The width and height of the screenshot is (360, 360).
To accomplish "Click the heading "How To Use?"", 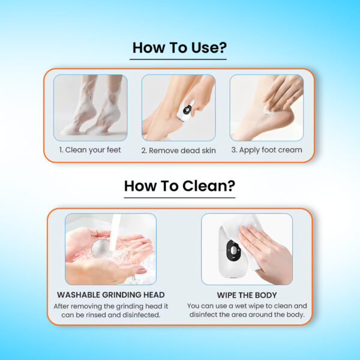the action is [x=179, y=48].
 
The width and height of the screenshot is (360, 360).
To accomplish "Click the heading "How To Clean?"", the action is [x=179, y=186].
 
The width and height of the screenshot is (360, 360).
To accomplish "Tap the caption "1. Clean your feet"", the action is [x=90, y=150].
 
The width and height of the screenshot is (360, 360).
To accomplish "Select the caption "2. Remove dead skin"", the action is [x=178, y=151].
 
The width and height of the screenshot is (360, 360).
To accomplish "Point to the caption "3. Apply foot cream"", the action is [x=266, y=150].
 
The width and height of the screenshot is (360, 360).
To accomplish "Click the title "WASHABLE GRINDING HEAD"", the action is [x=110, y=295].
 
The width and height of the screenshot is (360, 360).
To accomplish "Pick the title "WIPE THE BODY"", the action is [x=247, y=295].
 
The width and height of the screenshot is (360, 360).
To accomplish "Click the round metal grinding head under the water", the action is [x=101, y=248].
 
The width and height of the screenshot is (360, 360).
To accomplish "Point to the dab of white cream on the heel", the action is [x=267, y=110].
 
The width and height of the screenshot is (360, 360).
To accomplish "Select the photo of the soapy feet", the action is [x=90, y=107].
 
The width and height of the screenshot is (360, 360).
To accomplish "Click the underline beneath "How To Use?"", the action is [x=178, y=59].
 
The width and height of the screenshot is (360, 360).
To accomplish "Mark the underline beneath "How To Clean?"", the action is [x=179, y=197].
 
